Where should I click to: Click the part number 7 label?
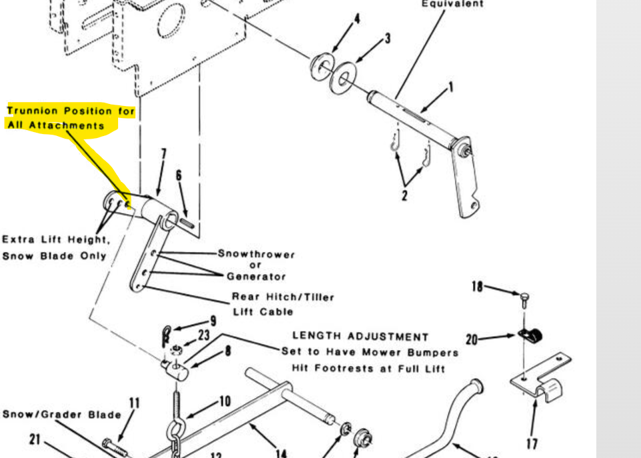pos(163,155)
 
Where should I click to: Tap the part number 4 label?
pos(357,19)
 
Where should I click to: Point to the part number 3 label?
pos(387,39)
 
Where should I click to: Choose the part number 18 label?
pos(477,287)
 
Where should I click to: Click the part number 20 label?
pos(472,339)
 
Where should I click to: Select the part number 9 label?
pos(213,321)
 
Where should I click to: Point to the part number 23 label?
pos(203,335)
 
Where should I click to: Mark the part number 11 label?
pos(134,403)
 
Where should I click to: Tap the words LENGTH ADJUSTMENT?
pos(360,337)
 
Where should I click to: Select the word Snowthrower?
pos(256,254)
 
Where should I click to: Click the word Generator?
pos(256,276)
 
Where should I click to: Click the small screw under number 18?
pos(525,295)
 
